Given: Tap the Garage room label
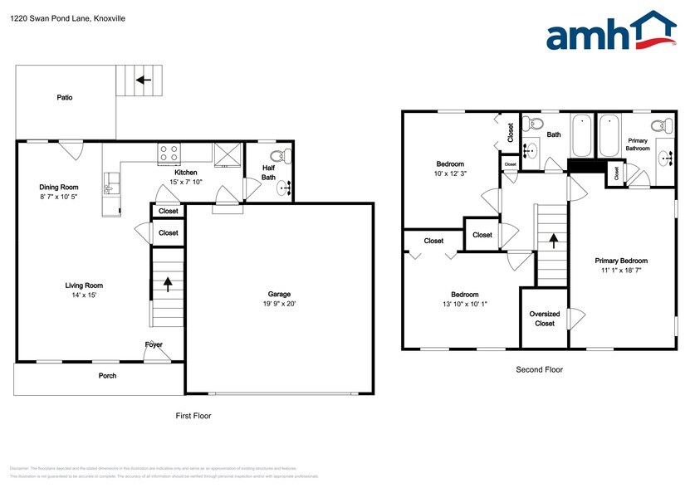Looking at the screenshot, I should pos(278,294).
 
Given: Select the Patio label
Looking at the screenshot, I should pos(64,97).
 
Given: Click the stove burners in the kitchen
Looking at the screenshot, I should pos(169,152).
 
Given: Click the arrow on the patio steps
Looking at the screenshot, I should pos(144,81).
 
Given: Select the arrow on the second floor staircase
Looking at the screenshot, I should pos(552,241).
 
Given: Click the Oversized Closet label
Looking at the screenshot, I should pos(544,319).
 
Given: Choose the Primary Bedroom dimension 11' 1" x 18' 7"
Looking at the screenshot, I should pos(621,270).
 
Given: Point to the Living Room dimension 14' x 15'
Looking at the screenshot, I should pos(84,295).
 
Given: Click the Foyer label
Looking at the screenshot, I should pos(154,344).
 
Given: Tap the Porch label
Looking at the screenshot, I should pos(107,376).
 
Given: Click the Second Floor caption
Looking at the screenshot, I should pos(540,369).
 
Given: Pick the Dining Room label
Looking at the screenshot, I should pos(59,187).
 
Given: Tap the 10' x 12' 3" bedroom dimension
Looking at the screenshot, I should pos(451,173).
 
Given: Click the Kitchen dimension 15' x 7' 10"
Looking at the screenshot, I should pos(185,182).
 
